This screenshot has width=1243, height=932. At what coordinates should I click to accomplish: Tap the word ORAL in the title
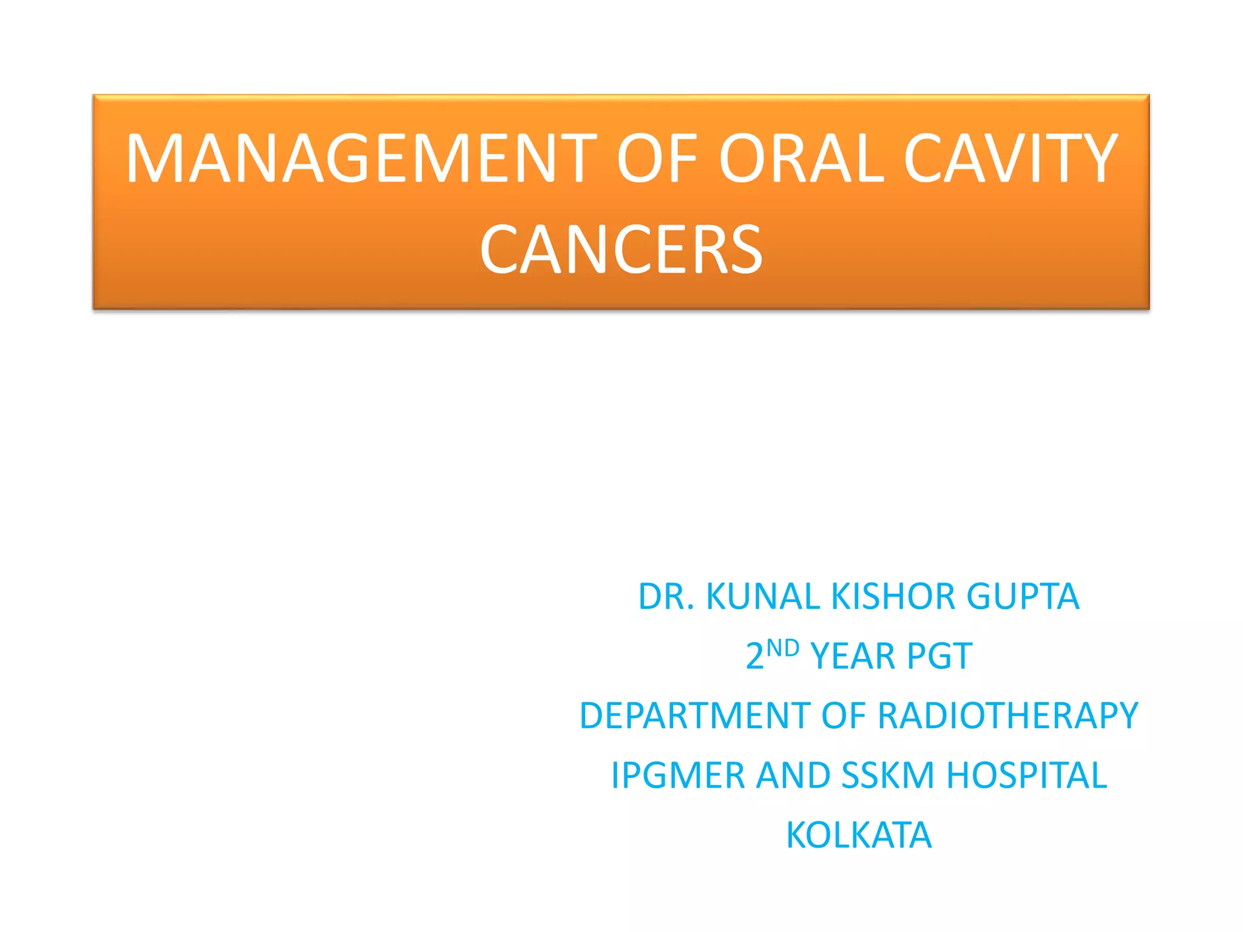point(801,159)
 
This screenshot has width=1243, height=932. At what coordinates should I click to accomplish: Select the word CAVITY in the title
point(1011,159)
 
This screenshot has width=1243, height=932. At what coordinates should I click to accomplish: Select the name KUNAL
point(763,596)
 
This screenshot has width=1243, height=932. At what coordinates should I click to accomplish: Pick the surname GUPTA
point(1023,596)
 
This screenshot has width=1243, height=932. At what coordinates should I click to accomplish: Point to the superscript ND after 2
point(782,648)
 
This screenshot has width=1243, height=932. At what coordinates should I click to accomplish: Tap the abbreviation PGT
point(939,657)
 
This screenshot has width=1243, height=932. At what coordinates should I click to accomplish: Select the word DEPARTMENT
point(694,716)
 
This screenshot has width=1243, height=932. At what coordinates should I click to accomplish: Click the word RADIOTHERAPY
point(1008,716)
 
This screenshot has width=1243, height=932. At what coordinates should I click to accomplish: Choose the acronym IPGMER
point(677,775)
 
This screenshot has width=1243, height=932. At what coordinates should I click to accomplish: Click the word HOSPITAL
point(1026,775)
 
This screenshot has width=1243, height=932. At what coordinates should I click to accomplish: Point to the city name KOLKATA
point(859,836)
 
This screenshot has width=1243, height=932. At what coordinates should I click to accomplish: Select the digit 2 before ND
point(754,657)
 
